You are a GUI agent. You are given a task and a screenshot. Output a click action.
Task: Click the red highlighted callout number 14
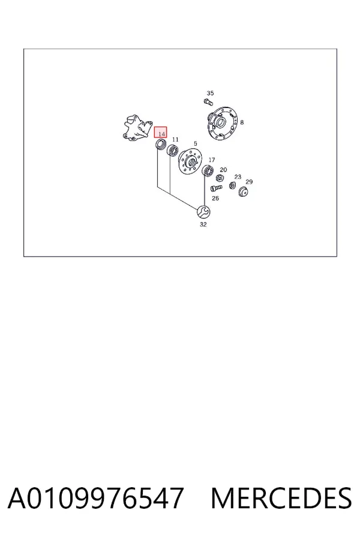(x=161, y=132)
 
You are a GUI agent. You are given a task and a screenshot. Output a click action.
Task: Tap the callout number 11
(x=175, y=139)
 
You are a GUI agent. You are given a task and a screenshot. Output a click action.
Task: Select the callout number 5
(x=196, y=143)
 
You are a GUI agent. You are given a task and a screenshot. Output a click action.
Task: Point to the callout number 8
(x=242, y=122)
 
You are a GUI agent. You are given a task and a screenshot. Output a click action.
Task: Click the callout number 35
(x=210, y=93)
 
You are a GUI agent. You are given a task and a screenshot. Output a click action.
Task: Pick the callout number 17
(x=212, y=160)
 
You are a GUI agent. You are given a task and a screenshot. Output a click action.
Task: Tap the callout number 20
(x=223, y=169)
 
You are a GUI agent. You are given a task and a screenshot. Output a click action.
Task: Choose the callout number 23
(x=238, y=176)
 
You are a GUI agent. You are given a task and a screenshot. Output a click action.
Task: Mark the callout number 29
(x=249, y=182)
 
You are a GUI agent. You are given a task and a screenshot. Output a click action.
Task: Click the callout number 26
(x=215, y=198)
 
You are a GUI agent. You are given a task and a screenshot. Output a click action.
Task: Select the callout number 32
(x=203, y=224)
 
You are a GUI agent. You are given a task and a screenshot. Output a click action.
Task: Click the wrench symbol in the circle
(x=203, y=211)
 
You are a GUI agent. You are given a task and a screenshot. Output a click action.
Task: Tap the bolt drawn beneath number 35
(x=208, y=102)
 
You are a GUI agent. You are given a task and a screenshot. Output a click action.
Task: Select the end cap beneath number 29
(x=244, y=191)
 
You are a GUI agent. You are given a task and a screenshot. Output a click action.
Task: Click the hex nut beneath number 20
(x=219, y=178)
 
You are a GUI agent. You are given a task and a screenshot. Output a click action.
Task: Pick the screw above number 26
(x=215, y=188)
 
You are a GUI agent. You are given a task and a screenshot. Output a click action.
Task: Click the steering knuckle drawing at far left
(x=137, y=128)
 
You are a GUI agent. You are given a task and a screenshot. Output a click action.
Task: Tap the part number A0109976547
(x=95, y=498)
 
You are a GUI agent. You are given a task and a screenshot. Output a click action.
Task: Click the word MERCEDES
(x=281, y=498)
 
